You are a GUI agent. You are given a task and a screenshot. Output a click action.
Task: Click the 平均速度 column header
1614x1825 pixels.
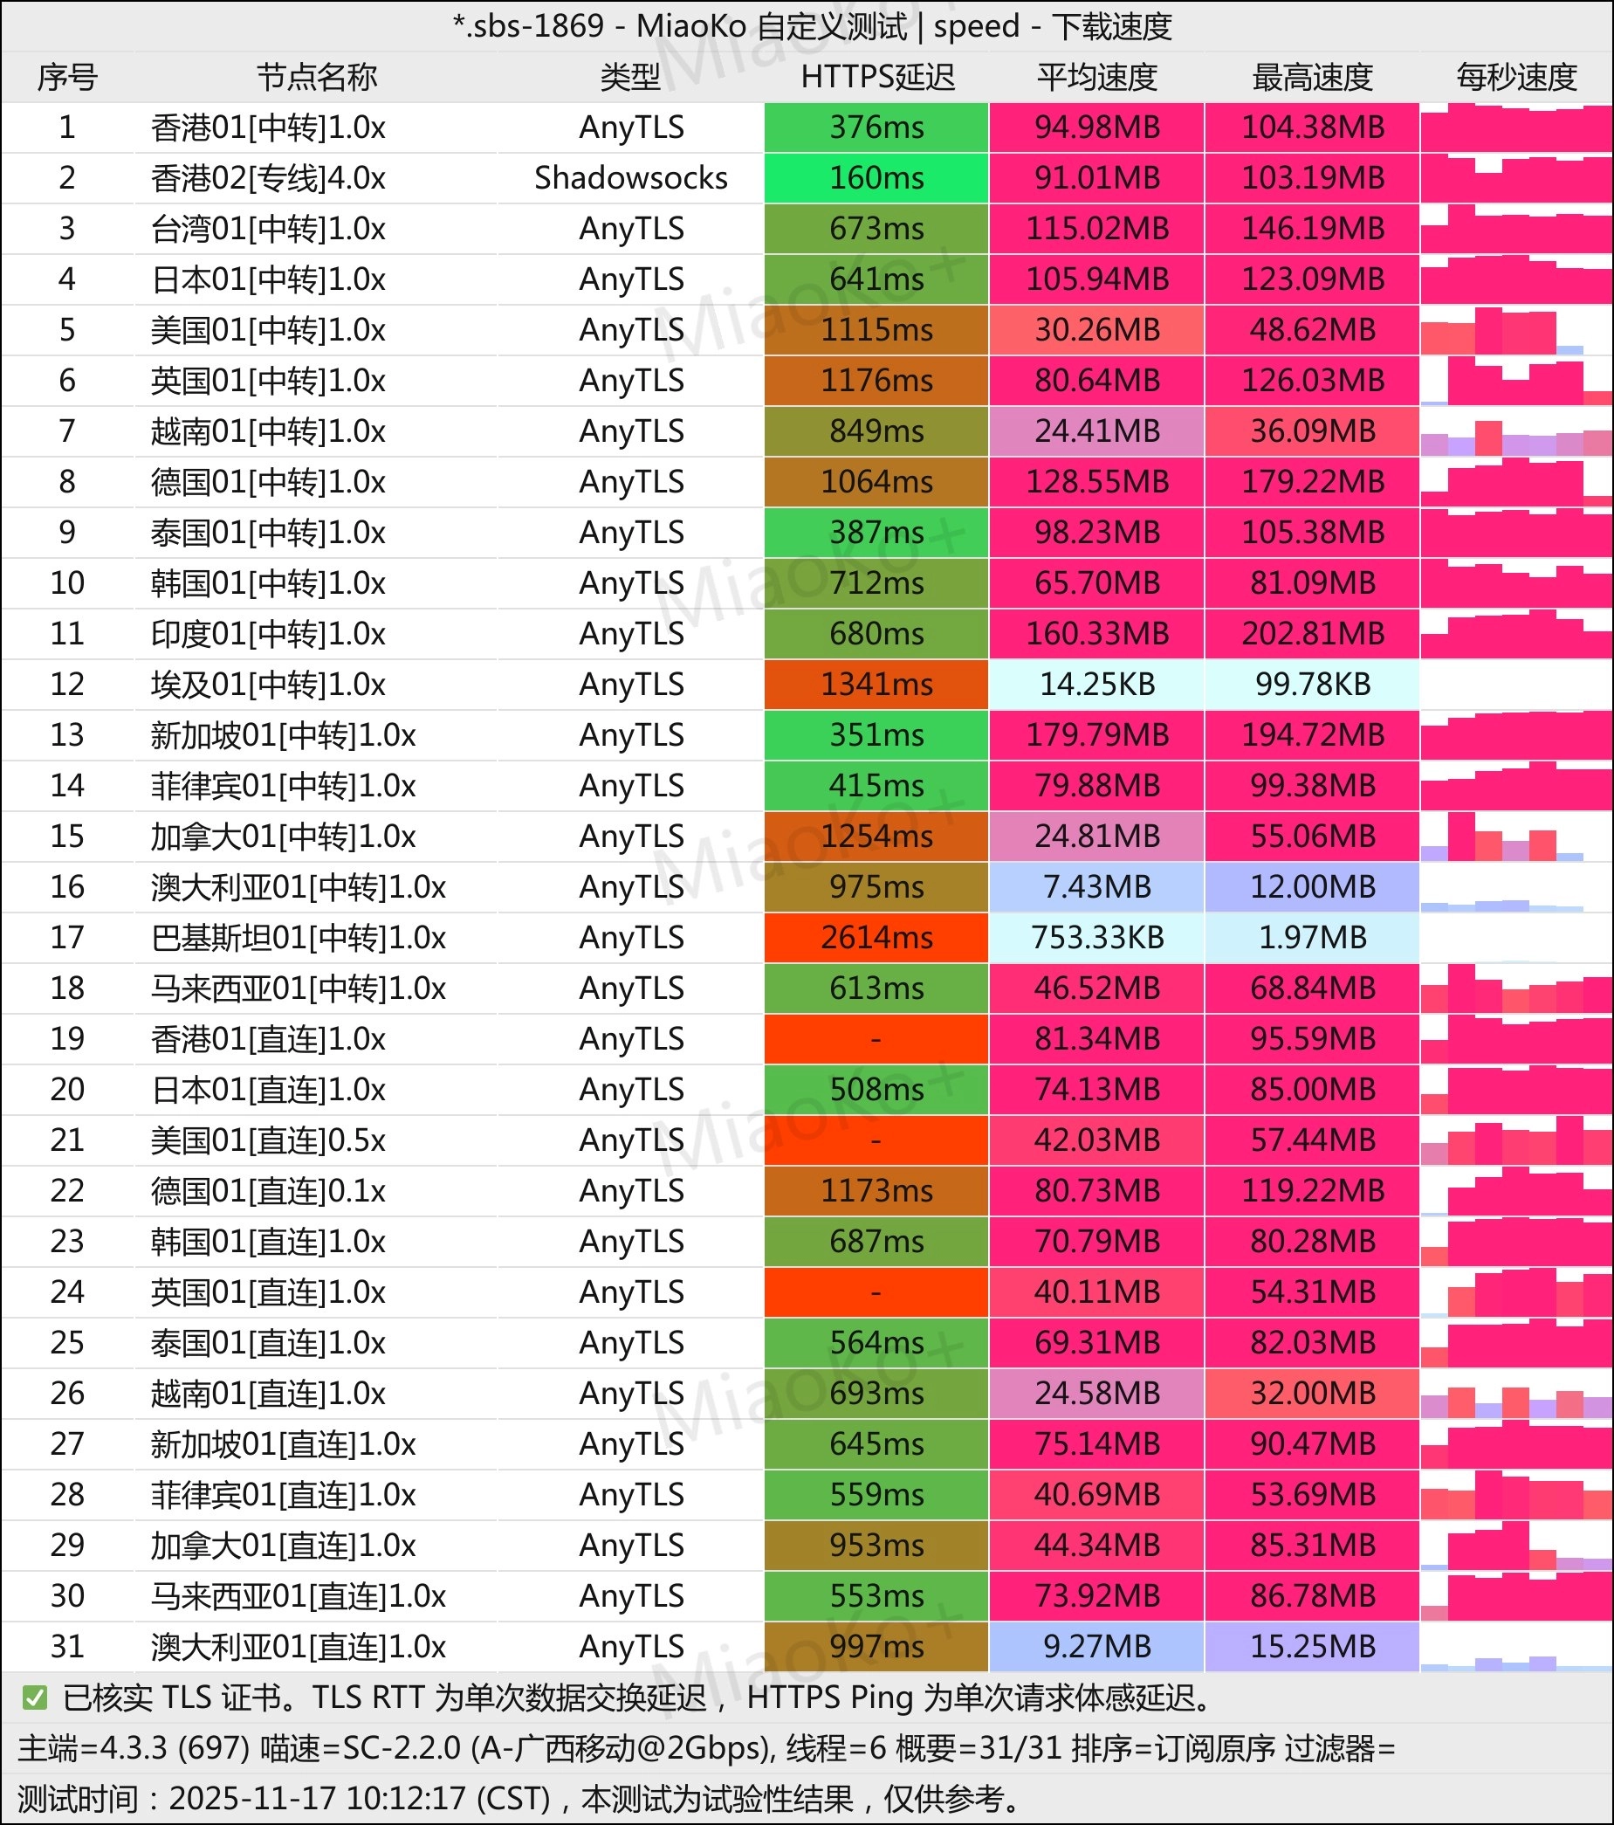pyautogui.click(x=1096, y=78)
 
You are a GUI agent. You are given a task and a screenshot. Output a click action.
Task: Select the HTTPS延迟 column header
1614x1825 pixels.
pyautogui.click(x=876, y=78)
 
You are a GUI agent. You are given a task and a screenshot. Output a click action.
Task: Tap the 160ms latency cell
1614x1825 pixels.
pyautogui.click(x=876, y=177)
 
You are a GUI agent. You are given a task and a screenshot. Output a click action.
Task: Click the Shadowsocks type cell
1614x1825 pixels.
pyautogui.click(x=630, y=177)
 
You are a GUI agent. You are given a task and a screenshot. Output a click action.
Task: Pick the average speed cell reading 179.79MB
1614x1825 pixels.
pyautogui.click(x=1096, y=735)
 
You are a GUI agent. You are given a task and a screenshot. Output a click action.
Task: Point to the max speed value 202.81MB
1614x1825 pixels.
pyautogui.click(x=1312, y=634)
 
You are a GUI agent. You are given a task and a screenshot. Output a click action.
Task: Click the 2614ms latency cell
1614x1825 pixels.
pyautogui.click(x=876, y=938)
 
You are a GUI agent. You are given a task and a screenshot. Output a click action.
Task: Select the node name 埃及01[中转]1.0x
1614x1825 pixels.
pyautogui.click(x=268, y=685)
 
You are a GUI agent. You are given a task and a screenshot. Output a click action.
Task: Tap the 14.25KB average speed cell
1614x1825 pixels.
pyautogui.click(x=1096, y=685)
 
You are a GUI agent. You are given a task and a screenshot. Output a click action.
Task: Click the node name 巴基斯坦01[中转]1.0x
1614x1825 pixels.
pyautogui.click(x=299, y=938)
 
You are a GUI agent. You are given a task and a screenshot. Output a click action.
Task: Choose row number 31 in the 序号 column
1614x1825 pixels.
pyautogui.click(x=67, y=1646)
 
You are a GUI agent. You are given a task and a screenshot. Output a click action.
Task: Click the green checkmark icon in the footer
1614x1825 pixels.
pyautogui.click(x=35, y=1698)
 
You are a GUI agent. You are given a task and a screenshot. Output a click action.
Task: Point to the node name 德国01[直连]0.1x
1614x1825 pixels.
pyautogui.click(x=268, y=1191)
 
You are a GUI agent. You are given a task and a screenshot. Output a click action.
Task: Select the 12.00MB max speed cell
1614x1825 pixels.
pyautogui.click(x=1312, y=886)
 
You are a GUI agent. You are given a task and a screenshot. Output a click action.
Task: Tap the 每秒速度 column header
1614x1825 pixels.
pyautogui.click(x=1516, y=78)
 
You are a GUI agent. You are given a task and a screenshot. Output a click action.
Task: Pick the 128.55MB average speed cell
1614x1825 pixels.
pyautogui.click(x=1096, y=482)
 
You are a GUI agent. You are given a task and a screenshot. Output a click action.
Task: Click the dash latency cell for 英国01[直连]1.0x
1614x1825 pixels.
pyautogui.click(x=876, y=1292)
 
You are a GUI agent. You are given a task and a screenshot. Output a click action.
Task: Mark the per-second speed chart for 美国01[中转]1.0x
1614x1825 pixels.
pyautogui.click(x=1516, y=330)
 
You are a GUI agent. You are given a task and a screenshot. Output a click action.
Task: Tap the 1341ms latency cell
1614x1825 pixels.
pyautogui.click(x=876, y=685)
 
